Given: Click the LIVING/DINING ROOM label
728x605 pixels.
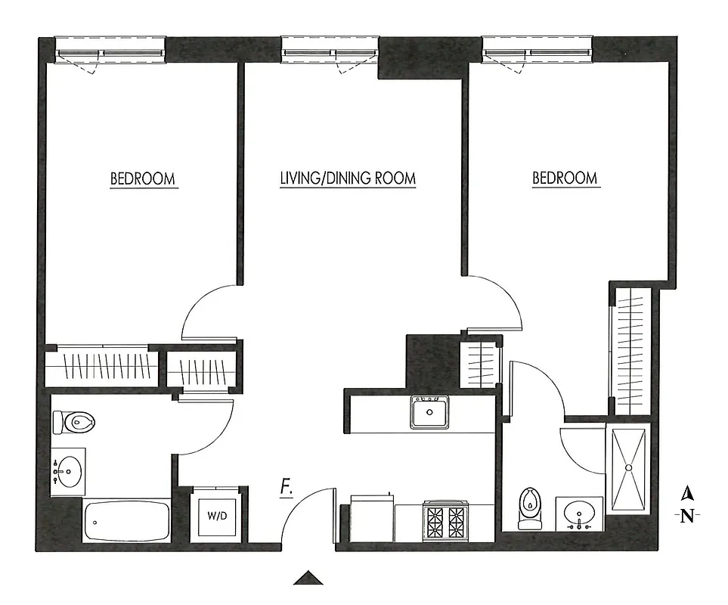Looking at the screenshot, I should click(x=348, y=179).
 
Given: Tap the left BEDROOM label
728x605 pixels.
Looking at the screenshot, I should click(x=143, y=179).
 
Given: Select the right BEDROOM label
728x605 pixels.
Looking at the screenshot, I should click(x=565, y=179).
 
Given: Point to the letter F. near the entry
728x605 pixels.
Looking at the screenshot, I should click(x=287, y=489).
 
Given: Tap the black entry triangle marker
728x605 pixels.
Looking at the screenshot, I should click(x=308, y=579).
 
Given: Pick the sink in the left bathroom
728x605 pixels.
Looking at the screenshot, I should click(x=68, y=472).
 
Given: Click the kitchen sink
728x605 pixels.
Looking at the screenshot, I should click(x=429, y=413).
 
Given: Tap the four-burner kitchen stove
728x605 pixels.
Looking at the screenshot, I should click(x=445, y=522).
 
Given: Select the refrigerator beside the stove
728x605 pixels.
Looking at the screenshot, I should click(x=370, y=520).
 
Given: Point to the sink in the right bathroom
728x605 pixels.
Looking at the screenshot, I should click(x=580, y=514).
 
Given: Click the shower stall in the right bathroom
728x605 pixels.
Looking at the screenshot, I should click(x=628, y=469).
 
